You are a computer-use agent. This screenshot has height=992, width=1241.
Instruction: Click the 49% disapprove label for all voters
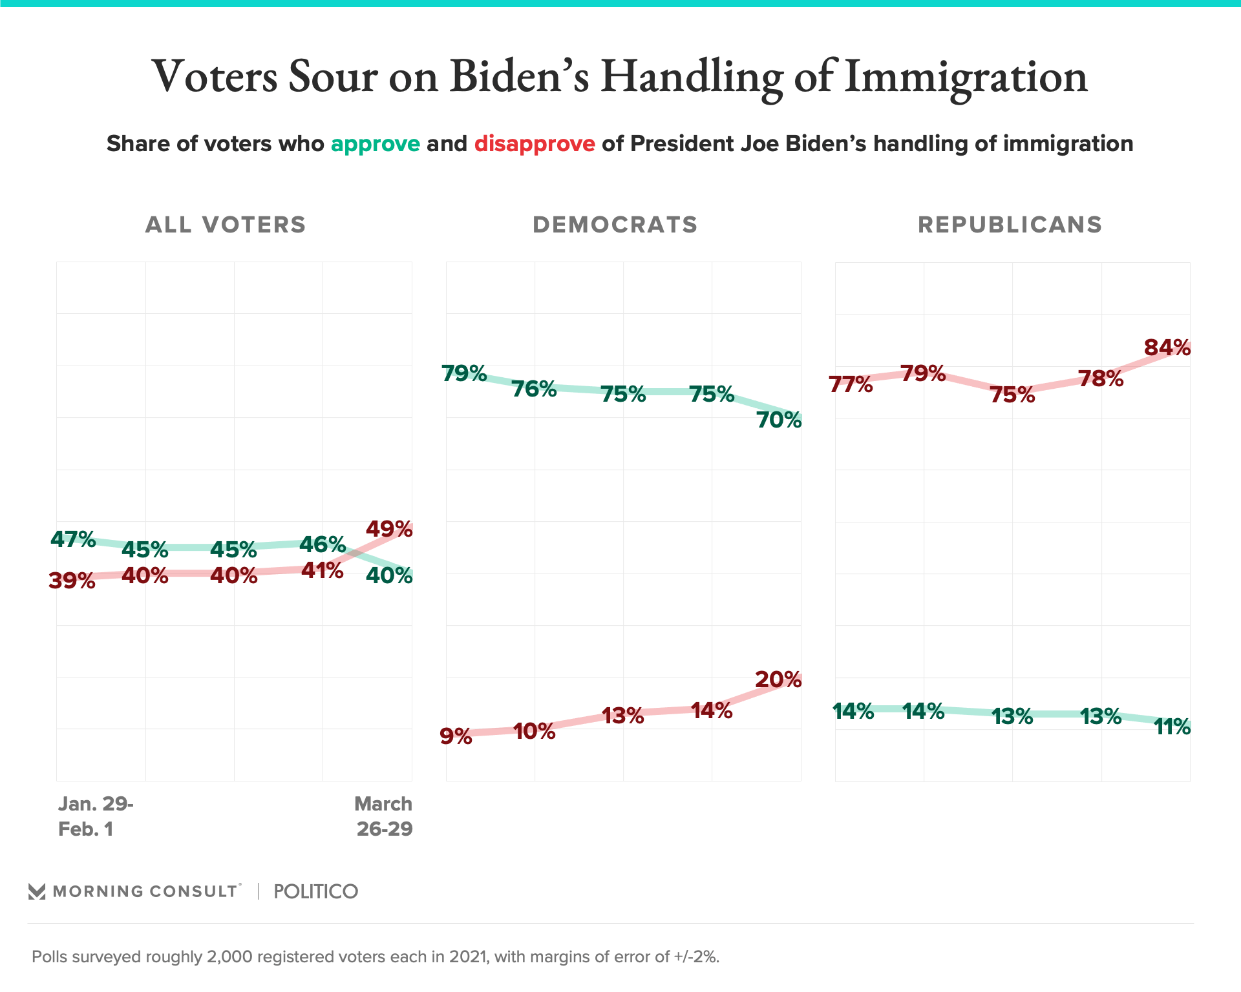click(389, 529)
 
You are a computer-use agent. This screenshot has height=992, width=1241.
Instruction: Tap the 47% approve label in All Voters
click(73, 539)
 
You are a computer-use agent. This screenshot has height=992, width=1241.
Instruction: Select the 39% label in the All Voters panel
click(72, 581)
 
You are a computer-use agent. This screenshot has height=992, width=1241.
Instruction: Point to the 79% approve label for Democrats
click(464, 373)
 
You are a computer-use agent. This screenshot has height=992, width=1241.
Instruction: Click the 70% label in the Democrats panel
click(779, 420)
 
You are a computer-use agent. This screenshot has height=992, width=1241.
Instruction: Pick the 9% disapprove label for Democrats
click(456, 736)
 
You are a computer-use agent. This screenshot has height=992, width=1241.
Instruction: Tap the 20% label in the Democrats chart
click(778, 679)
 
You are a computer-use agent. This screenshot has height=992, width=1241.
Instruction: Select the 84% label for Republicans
click(1167, 347)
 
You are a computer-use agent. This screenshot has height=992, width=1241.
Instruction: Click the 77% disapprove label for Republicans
click(851, 384)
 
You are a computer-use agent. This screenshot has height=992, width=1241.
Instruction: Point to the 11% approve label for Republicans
click(1172, 727)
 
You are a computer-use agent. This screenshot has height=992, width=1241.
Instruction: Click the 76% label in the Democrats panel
click(534, 389)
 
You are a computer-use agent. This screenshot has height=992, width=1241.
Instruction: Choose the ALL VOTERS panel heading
click(226, 225)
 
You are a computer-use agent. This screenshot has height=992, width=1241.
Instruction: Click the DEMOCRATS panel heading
click(615, 225)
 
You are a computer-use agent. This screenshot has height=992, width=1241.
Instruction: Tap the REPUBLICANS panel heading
click(1010, 225)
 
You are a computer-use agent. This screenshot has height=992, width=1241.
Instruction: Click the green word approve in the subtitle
click(376, 143)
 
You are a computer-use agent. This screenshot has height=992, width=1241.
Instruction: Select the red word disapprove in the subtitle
click(535, 143)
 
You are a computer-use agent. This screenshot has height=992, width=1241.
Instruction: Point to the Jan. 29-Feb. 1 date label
click(96, 816)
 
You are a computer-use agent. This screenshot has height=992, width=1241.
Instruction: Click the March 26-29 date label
click(384, 816)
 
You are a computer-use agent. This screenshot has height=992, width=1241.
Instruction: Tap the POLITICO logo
click(315, 891)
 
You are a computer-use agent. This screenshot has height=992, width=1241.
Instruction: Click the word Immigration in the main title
click(966, 76)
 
